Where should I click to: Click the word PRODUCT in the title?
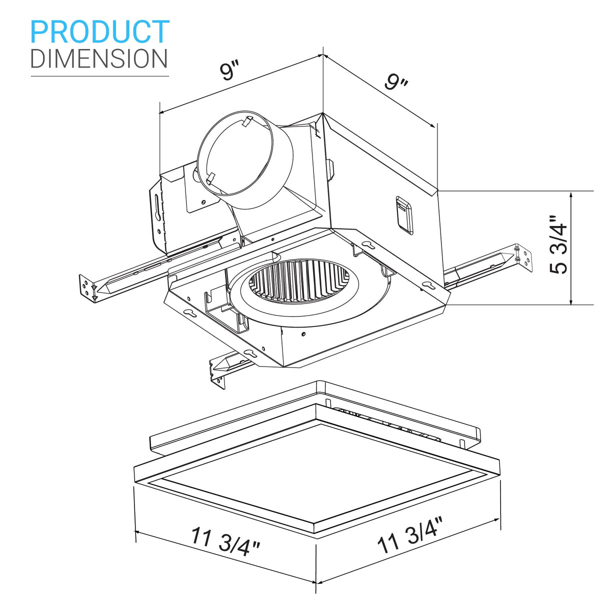pos(100,31)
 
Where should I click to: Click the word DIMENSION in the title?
pos(99,58)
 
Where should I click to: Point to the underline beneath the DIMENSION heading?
pos(100,76)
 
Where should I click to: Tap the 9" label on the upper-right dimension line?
pos(396,81)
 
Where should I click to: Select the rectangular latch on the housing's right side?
pos(405,214)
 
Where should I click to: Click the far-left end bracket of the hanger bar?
pos(88,288)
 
